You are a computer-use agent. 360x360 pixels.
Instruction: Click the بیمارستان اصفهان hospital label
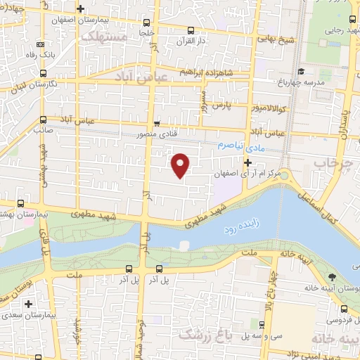[82, 21]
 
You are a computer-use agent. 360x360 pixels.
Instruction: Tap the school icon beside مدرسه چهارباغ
[301, 71]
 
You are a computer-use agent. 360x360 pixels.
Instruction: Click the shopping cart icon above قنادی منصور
[157, 120]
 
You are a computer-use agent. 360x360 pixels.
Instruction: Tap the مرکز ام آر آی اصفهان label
[246, 174]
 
